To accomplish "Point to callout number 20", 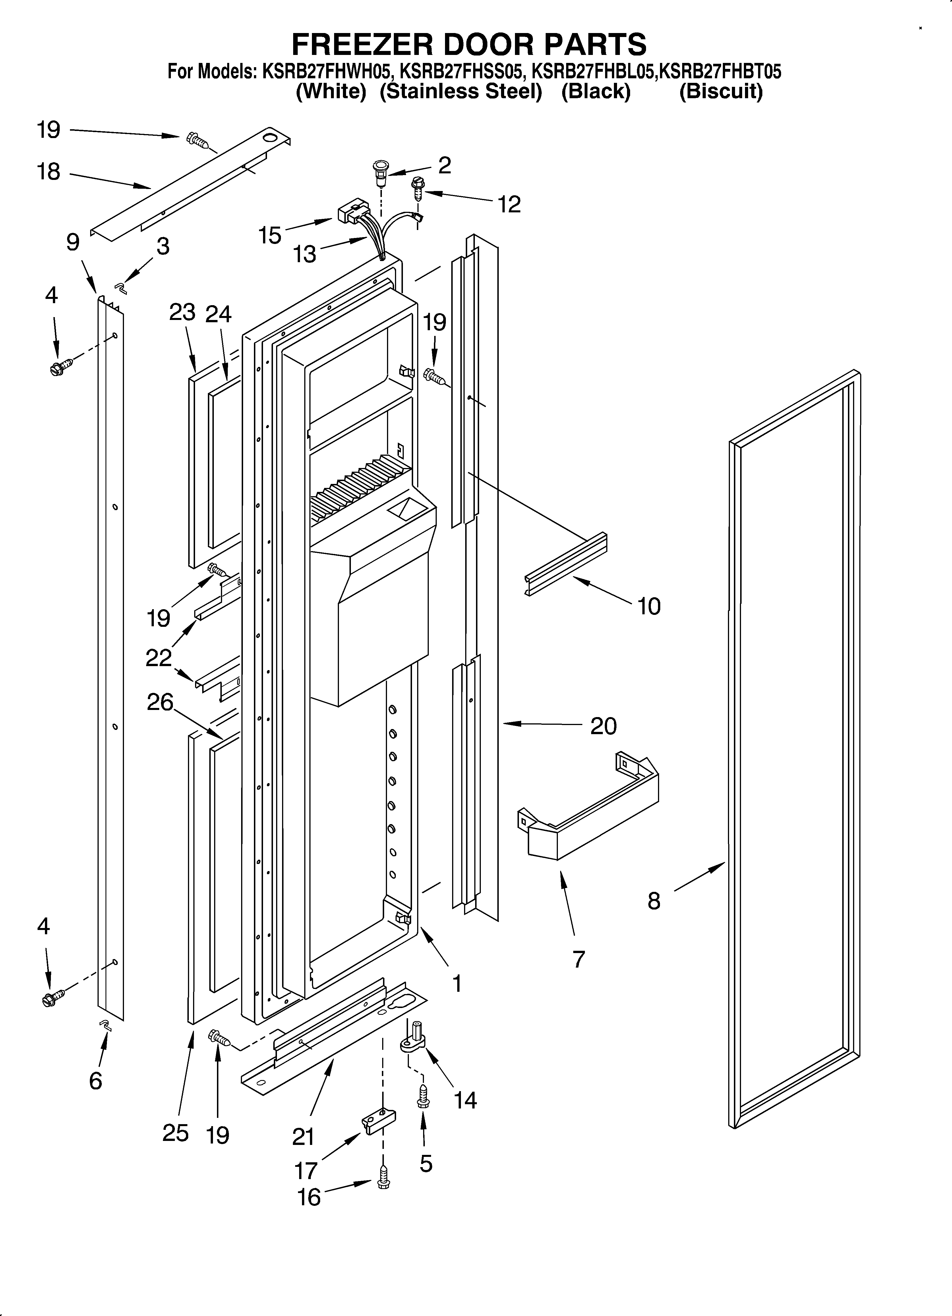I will click(603, 726).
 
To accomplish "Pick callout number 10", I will click(649, 606).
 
